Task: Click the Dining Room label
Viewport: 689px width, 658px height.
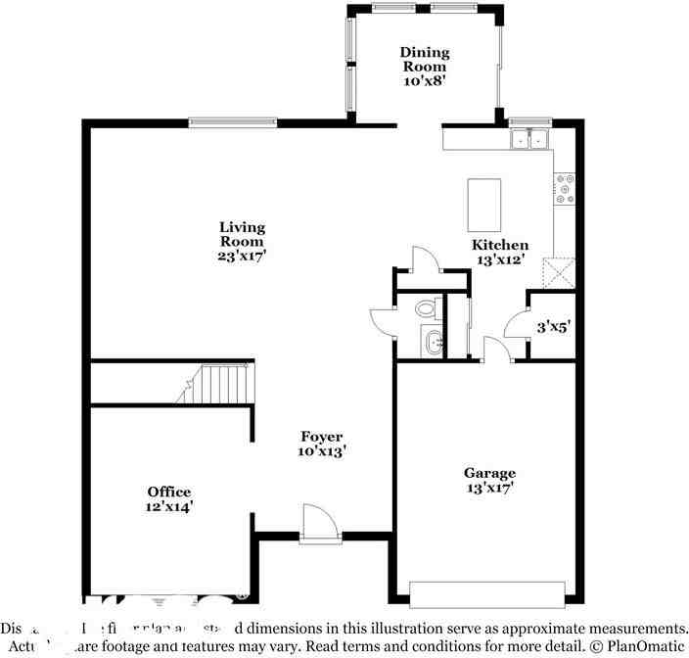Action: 424,59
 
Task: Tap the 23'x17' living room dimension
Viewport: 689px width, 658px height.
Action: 242,255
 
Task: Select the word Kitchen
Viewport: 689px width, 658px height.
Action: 500,245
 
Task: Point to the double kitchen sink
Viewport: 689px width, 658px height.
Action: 529,140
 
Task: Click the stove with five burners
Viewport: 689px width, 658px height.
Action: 565,189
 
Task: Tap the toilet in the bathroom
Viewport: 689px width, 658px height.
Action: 426,308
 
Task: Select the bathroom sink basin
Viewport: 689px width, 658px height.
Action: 434,343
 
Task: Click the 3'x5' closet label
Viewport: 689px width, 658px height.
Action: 553,329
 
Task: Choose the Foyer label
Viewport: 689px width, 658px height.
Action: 321,437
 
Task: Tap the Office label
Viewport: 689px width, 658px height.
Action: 169,492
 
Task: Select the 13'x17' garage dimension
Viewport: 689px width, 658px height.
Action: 489,487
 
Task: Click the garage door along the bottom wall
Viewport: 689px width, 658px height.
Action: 487,594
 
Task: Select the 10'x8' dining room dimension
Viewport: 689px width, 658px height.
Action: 424,81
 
